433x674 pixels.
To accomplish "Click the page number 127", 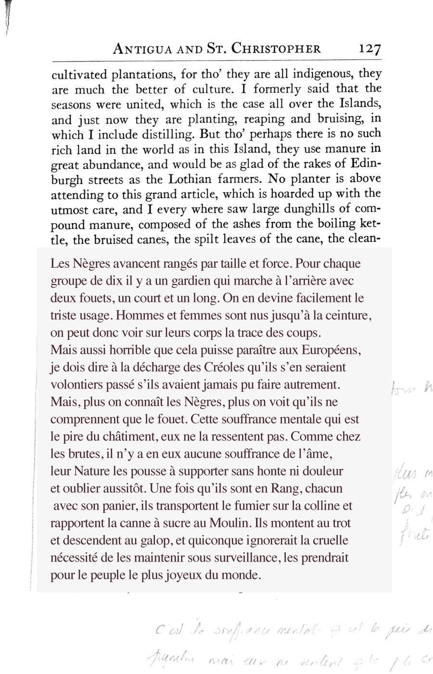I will [369, 49].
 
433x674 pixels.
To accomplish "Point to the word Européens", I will [331, 350].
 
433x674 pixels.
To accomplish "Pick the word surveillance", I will [247, 558].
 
